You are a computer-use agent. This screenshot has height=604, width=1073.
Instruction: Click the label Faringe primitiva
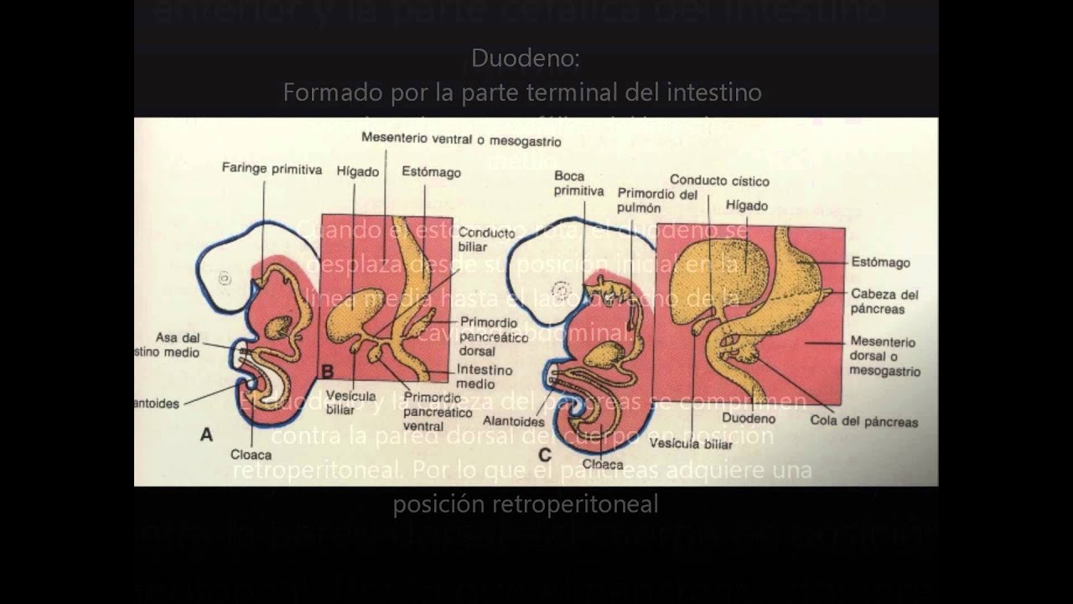coord(272,169)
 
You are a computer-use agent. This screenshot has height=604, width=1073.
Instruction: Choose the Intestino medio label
coord(485,377)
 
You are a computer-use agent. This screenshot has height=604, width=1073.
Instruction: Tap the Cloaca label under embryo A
coord(251,454)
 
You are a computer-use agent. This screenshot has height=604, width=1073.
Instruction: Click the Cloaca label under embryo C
coord(602,464)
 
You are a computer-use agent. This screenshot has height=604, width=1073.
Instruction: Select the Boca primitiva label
coord(578,184)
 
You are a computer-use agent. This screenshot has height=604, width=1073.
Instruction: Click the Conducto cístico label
coord(719,180)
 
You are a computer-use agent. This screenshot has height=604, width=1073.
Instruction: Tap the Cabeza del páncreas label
coord(884,301)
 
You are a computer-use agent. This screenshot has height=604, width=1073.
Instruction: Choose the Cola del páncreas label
coord(863,422)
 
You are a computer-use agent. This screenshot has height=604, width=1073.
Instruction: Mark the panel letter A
coord(206,435)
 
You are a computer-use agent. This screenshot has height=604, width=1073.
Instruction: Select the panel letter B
coord(328,371)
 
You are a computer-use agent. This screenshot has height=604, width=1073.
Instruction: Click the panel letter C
coord(545,456)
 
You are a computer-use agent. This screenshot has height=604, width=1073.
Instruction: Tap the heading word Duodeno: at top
coord(525,58)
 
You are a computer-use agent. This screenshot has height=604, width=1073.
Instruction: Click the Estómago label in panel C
coord(880,263)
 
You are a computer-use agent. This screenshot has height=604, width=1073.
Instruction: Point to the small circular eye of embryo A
coord(225,279)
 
